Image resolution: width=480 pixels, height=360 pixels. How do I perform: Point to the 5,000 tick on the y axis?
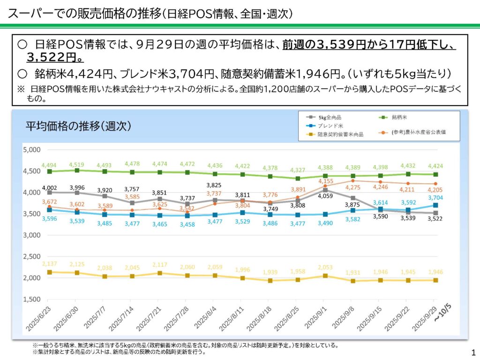pyautogui.click(x=31, y=150)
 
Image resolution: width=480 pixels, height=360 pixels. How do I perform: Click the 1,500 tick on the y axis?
pyautogui.click(x=31, y=299)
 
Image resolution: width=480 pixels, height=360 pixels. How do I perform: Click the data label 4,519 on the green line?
pyautogui.click(x=76, y=165)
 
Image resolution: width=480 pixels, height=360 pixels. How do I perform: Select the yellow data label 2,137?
pyautogui.click(x=49, y=264)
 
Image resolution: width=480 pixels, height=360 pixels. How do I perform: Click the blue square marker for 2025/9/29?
pyautogui.click(x=435, y=205)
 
